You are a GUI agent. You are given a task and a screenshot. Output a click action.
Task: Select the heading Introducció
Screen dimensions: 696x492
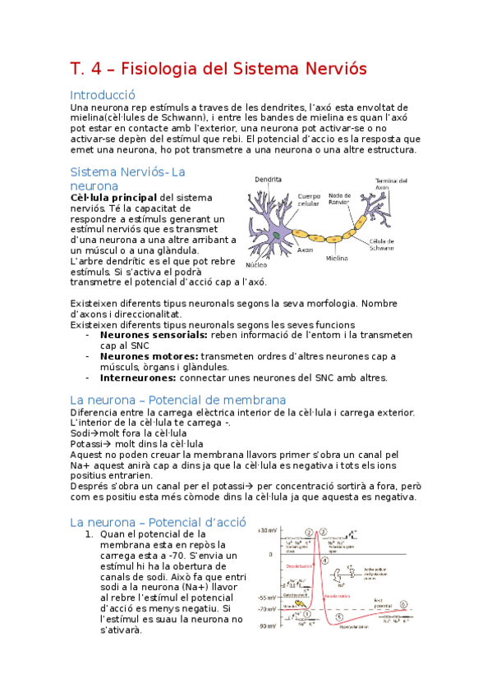pos(102,94)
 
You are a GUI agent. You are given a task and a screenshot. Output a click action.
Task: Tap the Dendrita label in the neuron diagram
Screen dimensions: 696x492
pos(269,178)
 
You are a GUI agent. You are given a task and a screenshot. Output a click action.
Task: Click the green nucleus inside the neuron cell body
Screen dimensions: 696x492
pos(278,236)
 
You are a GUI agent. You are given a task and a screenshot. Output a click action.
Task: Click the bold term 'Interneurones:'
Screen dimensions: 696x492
pos(138,378)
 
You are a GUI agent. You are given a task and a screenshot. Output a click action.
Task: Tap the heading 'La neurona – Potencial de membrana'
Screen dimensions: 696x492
pos(177,400)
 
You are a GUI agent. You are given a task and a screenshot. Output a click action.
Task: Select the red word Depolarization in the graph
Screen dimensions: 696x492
pos(298,566)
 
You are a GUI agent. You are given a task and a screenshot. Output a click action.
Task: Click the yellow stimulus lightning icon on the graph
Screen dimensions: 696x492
pos(300,613)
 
